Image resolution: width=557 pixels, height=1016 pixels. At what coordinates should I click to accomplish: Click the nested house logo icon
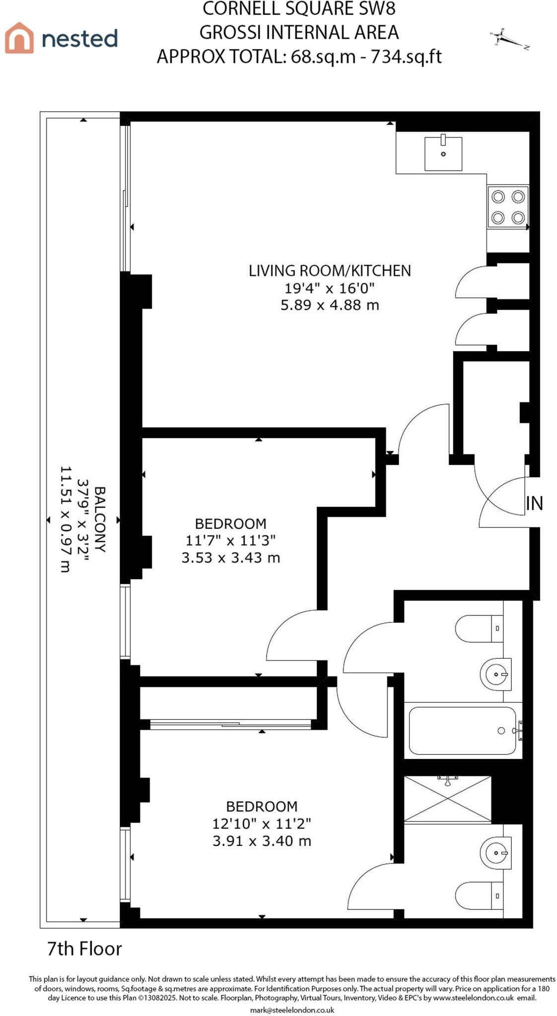click(19, 38)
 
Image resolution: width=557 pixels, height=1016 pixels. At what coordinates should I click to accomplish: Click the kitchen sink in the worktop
click(443, 153)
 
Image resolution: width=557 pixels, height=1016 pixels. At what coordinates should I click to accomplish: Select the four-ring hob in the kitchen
click(507, 207)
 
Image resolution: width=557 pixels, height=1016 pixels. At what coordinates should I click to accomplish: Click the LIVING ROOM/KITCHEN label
click(330, 271)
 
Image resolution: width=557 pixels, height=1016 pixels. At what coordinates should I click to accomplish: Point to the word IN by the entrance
click(534, 504)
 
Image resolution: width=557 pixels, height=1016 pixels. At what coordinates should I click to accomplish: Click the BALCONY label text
click(100, 519)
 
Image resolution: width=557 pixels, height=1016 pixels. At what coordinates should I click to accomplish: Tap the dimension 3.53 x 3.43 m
click(230, 558)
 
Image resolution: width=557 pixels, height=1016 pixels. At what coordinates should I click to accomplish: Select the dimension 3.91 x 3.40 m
click(262, 840)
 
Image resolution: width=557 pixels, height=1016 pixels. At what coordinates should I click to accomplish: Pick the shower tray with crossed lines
click(447, 799)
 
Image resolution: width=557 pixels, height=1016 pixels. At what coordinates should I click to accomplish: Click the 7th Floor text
click(84, 949)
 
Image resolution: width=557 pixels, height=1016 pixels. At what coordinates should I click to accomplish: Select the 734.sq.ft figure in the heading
click(406, 57)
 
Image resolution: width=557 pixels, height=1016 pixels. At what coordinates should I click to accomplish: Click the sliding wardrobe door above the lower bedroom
click(231, 724)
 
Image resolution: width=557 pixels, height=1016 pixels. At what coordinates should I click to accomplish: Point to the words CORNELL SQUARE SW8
click(299, 9)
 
